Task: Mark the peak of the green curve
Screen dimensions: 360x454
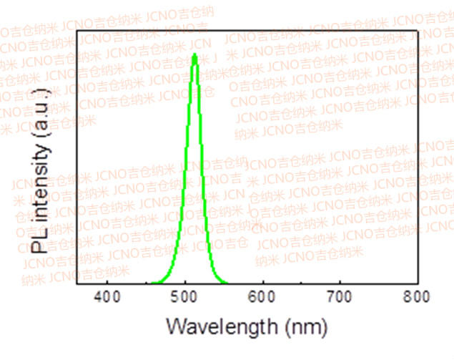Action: [194, 53]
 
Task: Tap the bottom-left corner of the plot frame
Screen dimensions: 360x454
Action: [77, 286]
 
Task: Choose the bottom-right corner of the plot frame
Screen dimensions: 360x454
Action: [418, 286]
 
